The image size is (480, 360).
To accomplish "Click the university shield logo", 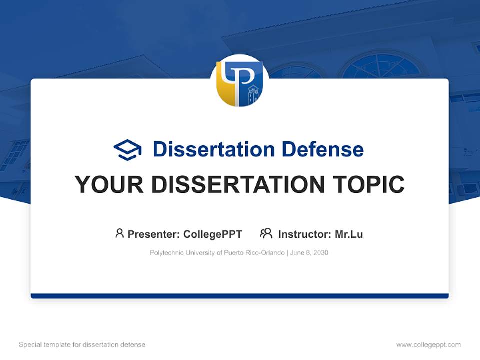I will pos(240,83).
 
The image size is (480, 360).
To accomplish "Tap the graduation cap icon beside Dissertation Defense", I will pos(128,150).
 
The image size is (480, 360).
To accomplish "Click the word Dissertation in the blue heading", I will pos(213,149).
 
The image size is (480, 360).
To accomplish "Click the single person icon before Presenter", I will pos(119,233).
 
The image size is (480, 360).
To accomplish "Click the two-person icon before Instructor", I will pos(266,233).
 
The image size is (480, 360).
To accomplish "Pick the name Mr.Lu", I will pos(349,234).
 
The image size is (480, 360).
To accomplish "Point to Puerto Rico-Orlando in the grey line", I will pos(254,253).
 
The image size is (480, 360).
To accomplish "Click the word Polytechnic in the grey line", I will pos(167,253).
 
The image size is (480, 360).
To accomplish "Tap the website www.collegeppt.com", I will pos(428,345).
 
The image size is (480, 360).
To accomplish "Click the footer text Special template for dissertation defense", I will pos(82,345).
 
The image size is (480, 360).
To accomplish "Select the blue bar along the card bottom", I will pos(240,296).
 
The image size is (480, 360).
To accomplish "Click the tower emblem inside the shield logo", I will pos(253,95).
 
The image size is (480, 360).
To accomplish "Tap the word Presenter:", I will pos(153,234).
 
